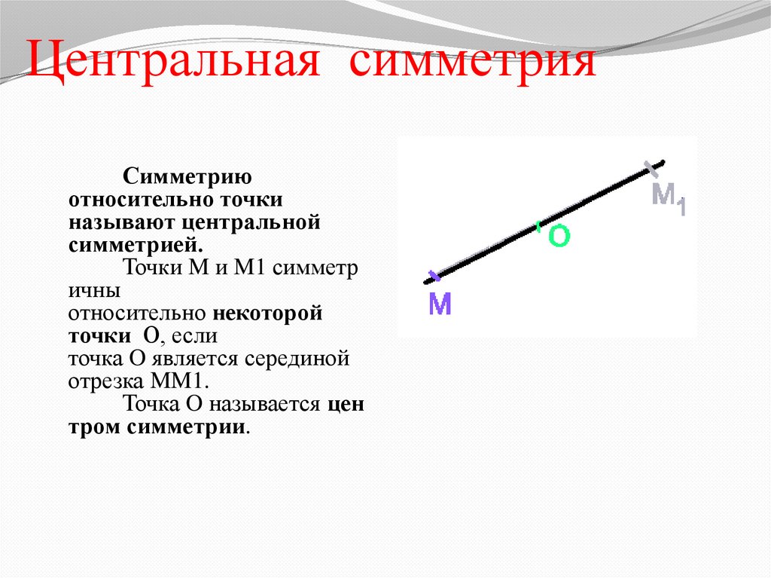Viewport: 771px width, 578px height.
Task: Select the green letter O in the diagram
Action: click(x=559, y=237)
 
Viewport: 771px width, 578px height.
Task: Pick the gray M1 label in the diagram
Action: click(x=669, y=197)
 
